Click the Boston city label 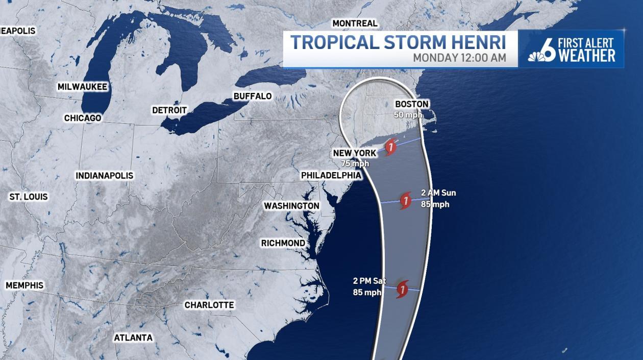(x=411, y=104)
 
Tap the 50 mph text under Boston (x=408, y=114)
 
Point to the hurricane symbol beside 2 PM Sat (x=403, y=289)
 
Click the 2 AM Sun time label (x=438, y=193)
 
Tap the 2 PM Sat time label (x=369, y=281)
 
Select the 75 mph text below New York (x=355, y=163)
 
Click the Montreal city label (x=355, y=23)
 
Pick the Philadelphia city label (x=331, y=176)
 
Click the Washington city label (x=291, y=206)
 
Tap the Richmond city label (x=283, y=243)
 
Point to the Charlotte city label (x=209, y=305)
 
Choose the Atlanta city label (x=133, y=338)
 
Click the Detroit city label (x=169, y=110)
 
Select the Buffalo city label (x=252, y=97)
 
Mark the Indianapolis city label (x=105, y=176)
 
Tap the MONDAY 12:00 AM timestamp (x=459, y=58)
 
